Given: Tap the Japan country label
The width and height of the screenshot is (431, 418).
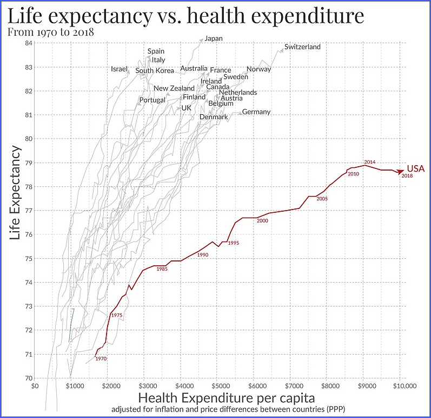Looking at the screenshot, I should pos(214,38).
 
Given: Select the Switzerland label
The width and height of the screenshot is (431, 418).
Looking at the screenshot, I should pos(302,47).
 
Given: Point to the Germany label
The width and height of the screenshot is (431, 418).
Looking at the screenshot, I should pos(256,112).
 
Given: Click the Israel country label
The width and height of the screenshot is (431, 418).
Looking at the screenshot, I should pos(119,69).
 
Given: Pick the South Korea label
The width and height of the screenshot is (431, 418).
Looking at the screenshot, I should pos(155,71).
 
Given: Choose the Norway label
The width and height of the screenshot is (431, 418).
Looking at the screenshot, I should pos(258,69).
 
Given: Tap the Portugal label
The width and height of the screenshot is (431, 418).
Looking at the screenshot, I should pos(152,100).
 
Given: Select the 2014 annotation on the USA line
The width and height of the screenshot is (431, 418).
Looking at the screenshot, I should pos(370,162).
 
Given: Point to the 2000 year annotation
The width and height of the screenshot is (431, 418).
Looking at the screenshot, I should pos(263,221).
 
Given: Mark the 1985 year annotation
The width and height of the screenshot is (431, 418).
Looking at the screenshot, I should pos(162,269).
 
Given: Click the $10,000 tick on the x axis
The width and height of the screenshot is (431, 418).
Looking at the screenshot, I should pos(401,387).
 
